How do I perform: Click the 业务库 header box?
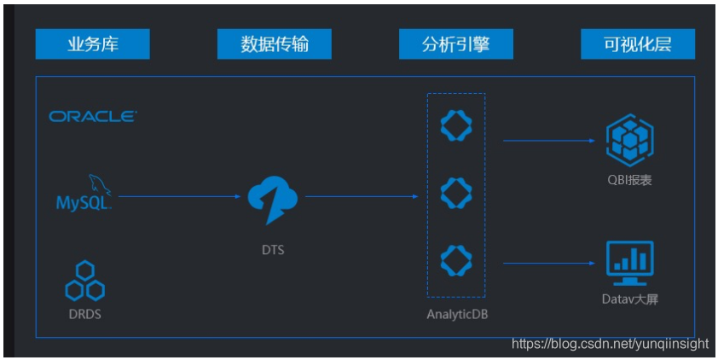92,44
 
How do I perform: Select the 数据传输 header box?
274,44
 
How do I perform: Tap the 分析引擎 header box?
455,44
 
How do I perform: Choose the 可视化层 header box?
637,44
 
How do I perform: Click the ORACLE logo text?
93,116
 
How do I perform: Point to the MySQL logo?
84,195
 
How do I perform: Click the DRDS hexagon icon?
84,282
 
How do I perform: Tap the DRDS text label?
84,313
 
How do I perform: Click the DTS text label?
274,249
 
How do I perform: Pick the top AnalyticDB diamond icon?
456,125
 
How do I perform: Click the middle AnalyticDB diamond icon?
456,192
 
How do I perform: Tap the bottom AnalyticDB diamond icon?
456,259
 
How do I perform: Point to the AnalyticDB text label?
456,314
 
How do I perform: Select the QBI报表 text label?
629,180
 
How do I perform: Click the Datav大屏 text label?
629,299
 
